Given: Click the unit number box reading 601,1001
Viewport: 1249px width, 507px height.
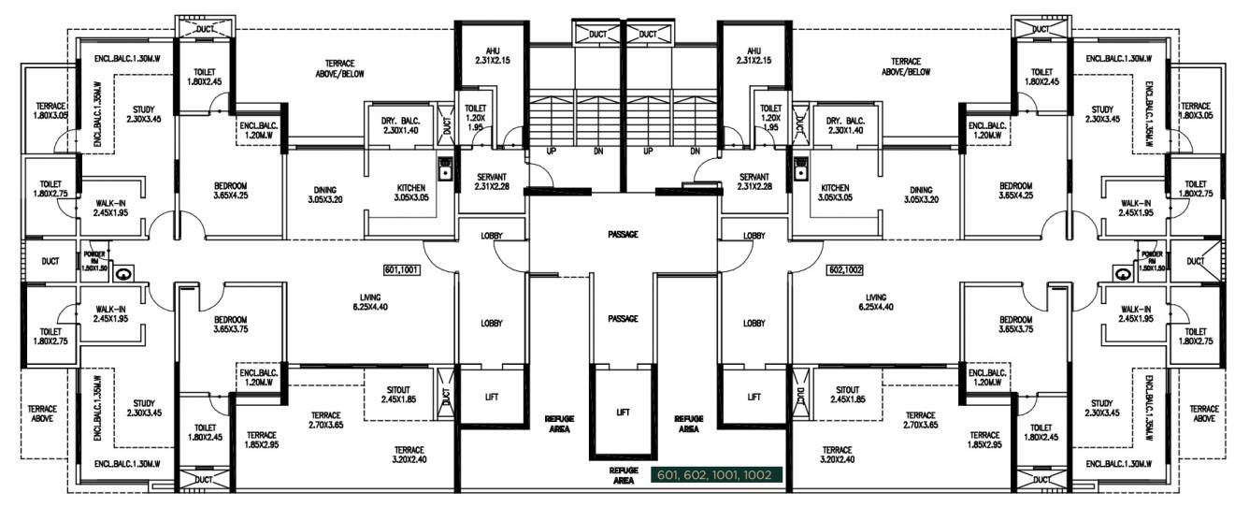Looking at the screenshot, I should coord(402,270).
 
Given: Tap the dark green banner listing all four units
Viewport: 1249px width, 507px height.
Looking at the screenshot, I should coord(715,475).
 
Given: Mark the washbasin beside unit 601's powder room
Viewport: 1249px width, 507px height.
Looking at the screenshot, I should coord(127,272).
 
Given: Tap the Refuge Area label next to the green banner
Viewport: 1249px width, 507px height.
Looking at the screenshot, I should coord(624,475).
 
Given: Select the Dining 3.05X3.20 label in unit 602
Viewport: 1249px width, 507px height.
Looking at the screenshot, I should coord(921,194).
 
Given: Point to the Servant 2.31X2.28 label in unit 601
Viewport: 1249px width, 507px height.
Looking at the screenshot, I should coord(492,181).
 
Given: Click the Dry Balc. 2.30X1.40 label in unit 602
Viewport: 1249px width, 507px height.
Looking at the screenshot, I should coord(847,125).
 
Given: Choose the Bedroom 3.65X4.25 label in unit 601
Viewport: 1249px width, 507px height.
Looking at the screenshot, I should coord(230,192).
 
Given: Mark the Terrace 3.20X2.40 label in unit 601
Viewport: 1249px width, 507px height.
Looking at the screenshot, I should coord(409,455).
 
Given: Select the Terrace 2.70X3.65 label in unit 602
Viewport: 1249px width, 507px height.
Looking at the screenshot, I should coord(921,419).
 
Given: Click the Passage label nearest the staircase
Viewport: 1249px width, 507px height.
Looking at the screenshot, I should coord(623,234).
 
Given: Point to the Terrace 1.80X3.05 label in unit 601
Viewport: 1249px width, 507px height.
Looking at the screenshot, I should coord(50,110).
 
